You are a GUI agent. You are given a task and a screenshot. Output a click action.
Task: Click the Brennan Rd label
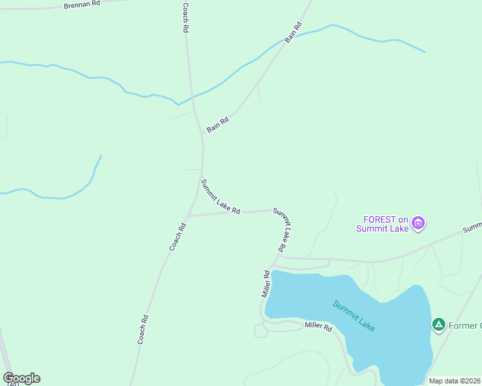coord(82,4)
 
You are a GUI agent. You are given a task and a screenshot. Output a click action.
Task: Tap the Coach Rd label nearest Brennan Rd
coord(185,18)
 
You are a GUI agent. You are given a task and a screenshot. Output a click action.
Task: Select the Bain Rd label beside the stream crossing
coord(293,33)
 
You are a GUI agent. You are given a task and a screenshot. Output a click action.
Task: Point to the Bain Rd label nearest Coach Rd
coord(218,125)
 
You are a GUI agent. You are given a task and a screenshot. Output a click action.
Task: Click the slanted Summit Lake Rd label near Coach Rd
coord(220,196)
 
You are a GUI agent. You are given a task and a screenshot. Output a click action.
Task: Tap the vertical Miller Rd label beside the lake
coord(265,283)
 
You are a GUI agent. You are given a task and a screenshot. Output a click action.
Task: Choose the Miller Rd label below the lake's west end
coord(318,327)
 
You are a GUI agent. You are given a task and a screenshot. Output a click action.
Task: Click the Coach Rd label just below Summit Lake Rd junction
coord(177,236)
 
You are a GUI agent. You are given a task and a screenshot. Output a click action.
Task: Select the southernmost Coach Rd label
coord(143,329)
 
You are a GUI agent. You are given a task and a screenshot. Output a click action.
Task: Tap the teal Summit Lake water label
coord(354,315)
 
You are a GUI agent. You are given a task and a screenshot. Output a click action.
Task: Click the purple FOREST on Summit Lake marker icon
coord(419,223)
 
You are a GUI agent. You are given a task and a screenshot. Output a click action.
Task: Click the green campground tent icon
coord(439,325)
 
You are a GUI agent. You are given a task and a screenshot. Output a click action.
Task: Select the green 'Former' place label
coord(465,326)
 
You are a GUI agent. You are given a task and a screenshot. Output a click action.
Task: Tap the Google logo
coord(21,378)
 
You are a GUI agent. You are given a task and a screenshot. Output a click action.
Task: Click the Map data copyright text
coord(455,381)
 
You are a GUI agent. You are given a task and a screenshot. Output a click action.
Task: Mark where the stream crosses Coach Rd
coord(191,98)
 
